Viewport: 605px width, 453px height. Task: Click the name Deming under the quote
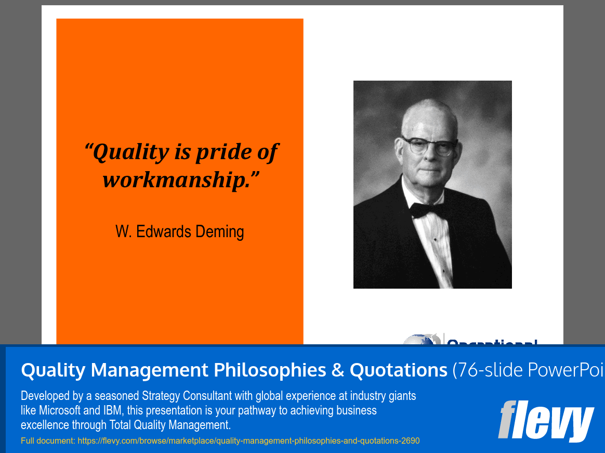click(219, 231)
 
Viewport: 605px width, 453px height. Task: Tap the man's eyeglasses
click(430, 146)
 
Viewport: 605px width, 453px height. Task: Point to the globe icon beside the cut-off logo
click(421, 340)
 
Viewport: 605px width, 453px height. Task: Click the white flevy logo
click(546, 420)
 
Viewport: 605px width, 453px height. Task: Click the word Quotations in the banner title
click(398, 370)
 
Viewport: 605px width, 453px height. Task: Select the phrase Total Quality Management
click(169, 425)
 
